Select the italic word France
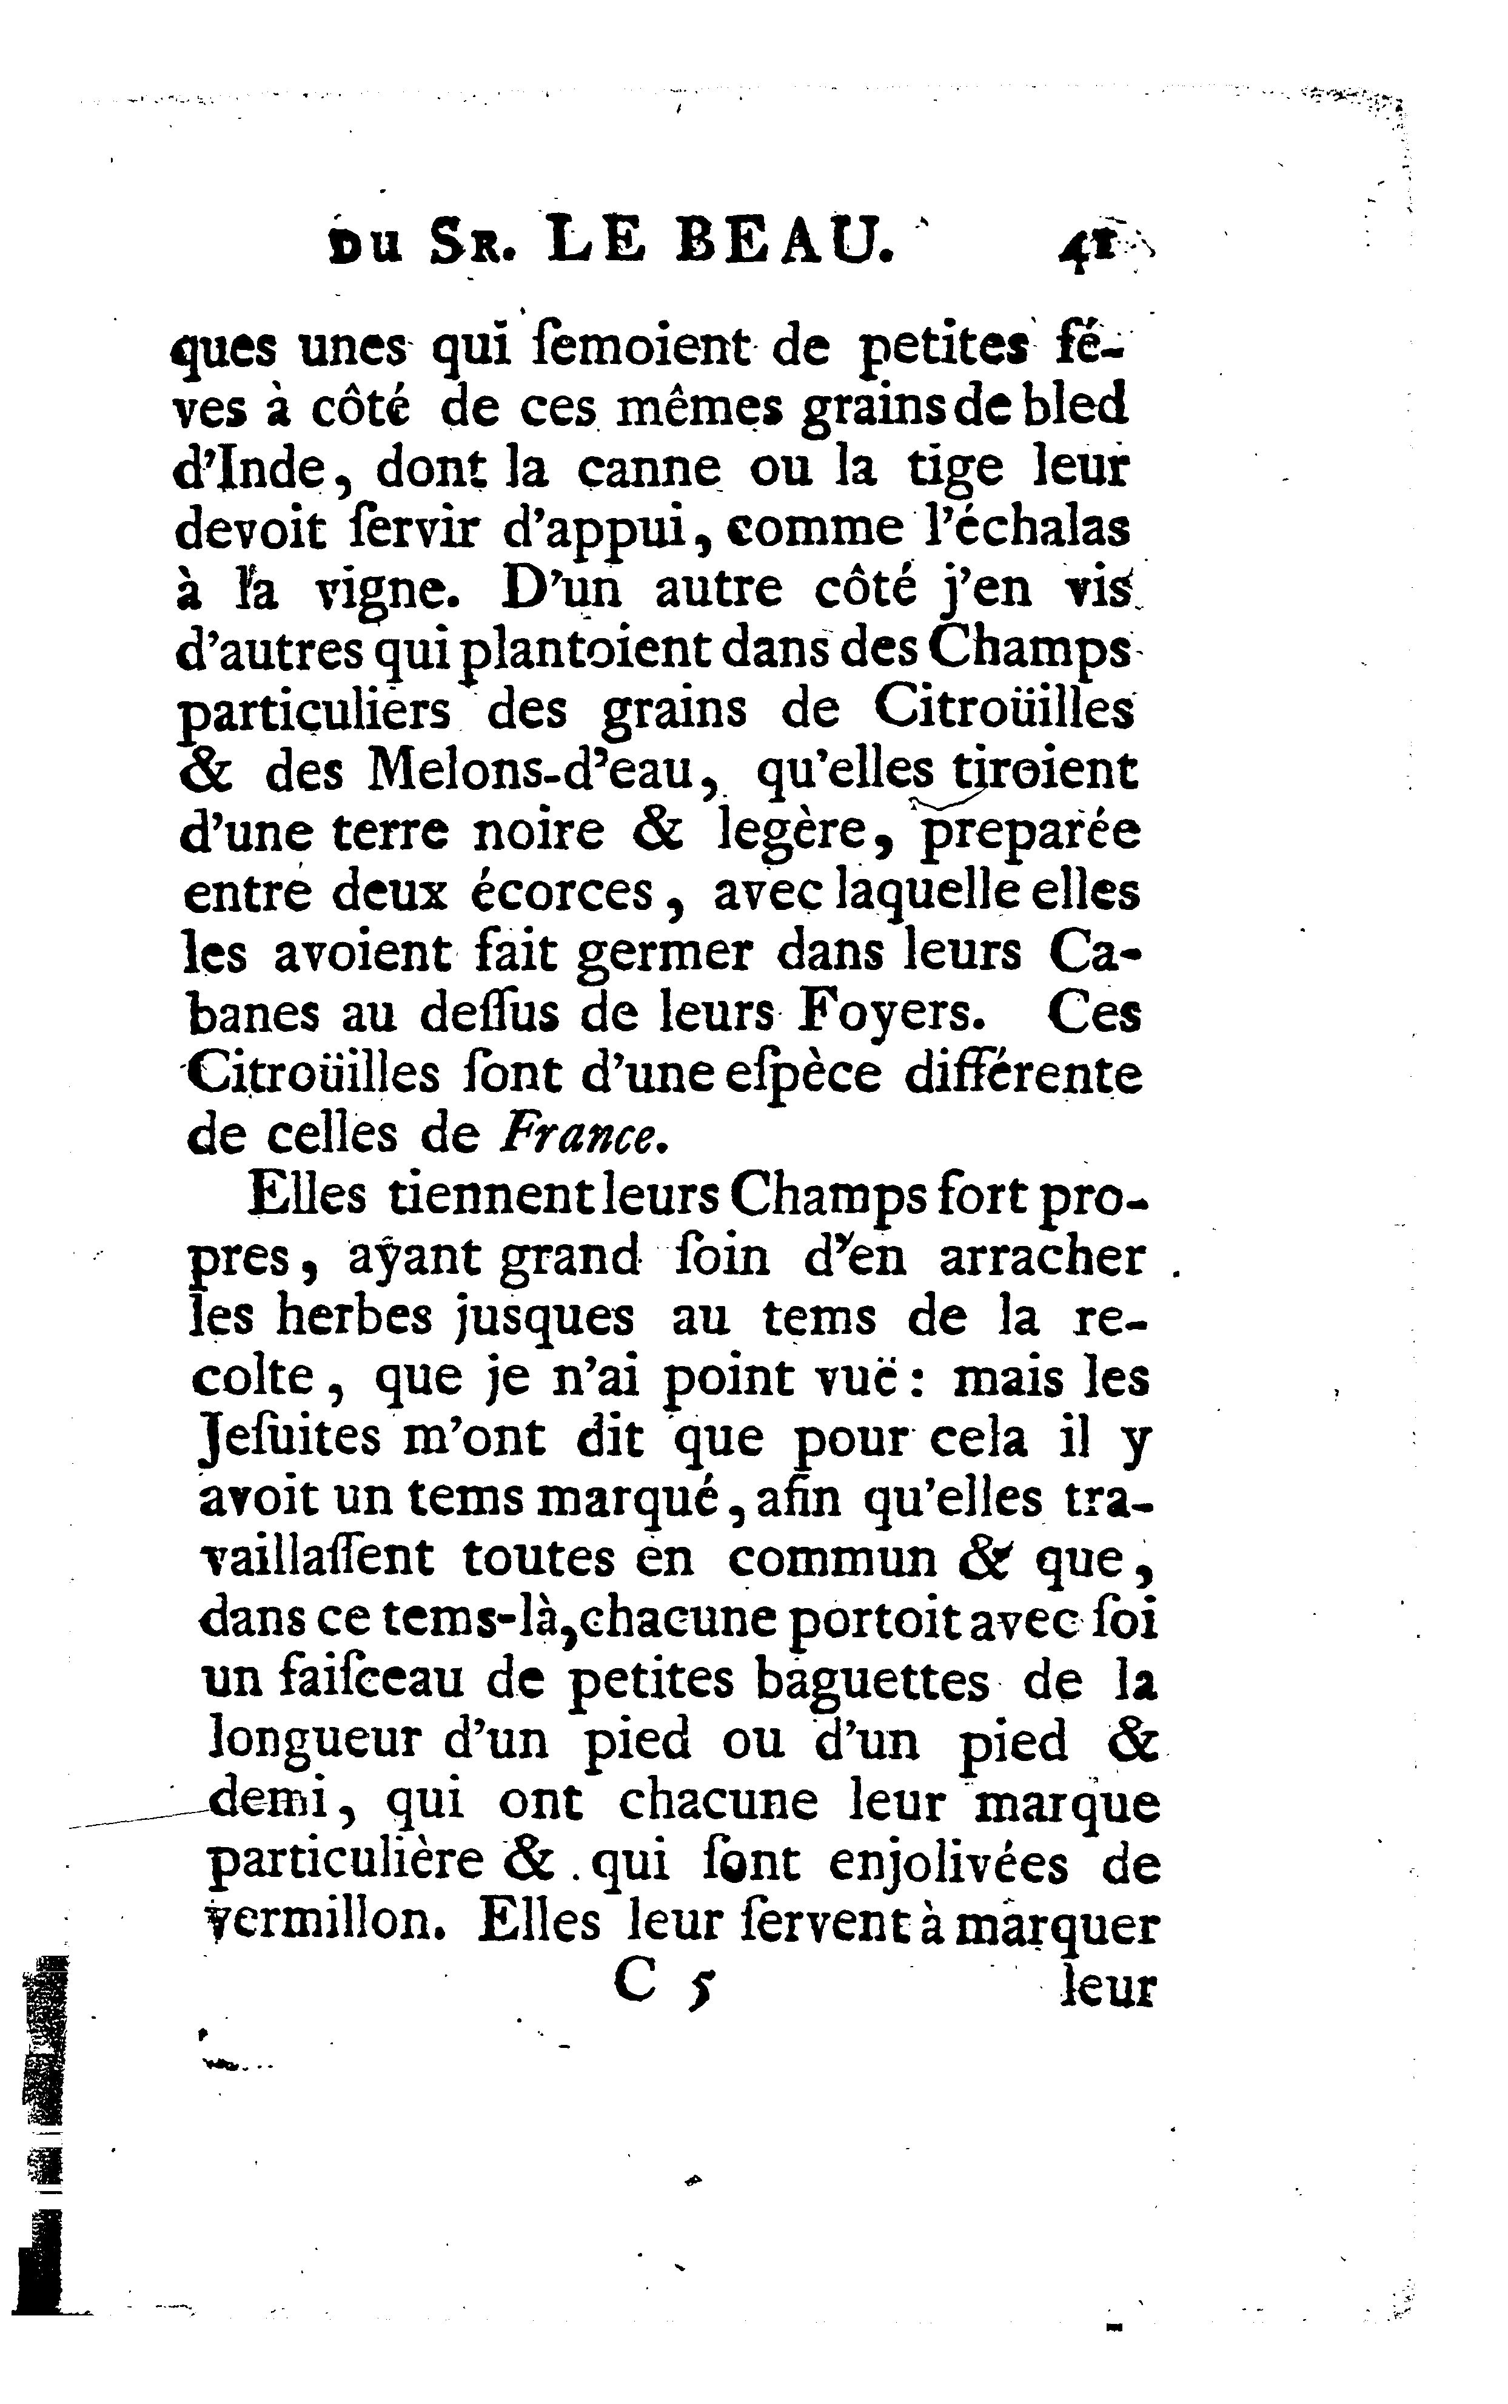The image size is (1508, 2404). pyautogui.click(x=583, y=1135)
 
